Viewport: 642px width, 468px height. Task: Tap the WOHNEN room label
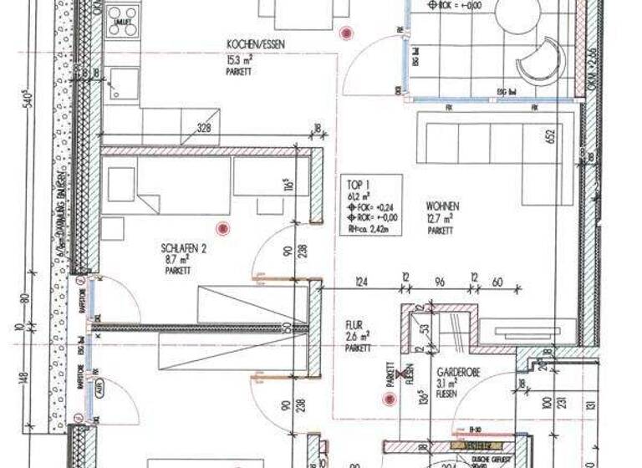(x=442, y=206)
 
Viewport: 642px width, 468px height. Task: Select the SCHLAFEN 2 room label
(x=184, y=248)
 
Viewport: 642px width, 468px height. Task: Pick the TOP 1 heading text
(x=358, y=186)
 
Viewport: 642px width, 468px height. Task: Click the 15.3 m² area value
(x=240, y=59)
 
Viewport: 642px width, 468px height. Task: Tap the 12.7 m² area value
(x=440, y=218)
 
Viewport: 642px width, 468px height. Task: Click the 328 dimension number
(x=203, y=129)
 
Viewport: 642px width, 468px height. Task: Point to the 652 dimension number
(x=551, y=137)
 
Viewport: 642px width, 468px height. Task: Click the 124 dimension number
(x=361, y=282)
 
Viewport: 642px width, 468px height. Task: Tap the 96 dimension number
(x=440, y=282)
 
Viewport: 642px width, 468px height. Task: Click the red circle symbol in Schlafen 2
(x=222, y=227)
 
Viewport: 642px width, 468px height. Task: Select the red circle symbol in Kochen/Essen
(x=346, y=33)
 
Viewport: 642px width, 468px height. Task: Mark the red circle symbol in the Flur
(x=387, y=399)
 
